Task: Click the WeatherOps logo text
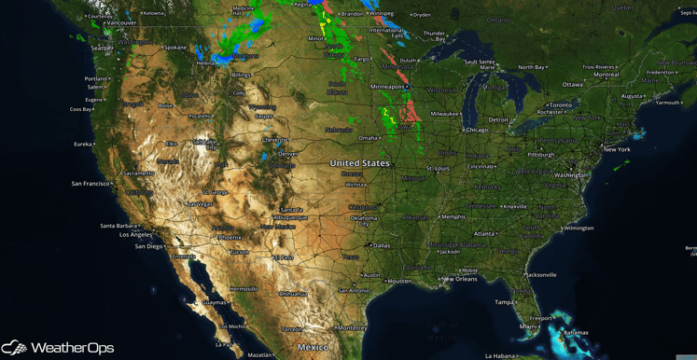pos(73,348)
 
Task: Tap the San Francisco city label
pos(91,183)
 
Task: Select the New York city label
pos(617,149)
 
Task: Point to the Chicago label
pos(477,130)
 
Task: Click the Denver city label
pos(288,154)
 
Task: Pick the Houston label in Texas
pos(400,281)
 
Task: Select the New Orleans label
pos(460,279)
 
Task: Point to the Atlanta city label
pos(483,233)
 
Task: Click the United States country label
pos(359,163)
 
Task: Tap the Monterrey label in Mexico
pos(352,327)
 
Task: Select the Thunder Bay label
pos(435,35)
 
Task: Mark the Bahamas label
pos(576,332)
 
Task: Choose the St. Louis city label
pos(439,168)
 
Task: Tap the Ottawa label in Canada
pos(572,84)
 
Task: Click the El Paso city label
pos(282,257)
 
